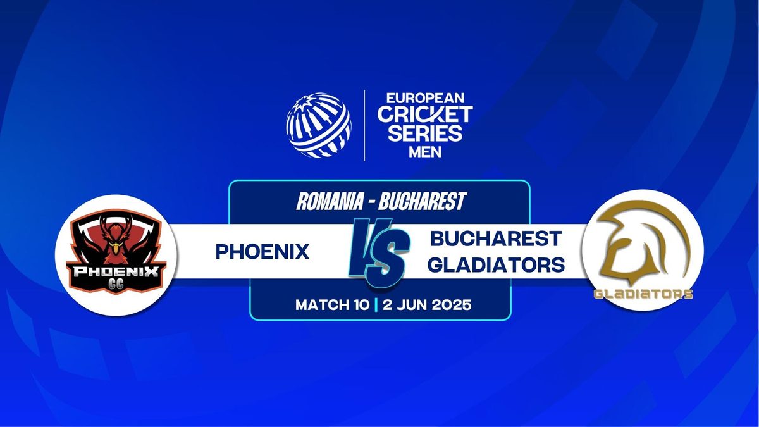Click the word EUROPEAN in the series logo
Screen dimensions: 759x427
425,98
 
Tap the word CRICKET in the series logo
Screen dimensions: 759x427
425,114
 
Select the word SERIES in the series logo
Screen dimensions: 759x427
425,133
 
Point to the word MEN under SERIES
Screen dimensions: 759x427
425,152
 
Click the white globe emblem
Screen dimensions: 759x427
319,125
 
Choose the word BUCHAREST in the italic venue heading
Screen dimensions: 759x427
423,201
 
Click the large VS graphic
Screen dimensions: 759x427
379,252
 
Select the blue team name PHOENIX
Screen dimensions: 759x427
262,252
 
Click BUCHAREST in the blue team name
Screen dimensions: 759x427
496,238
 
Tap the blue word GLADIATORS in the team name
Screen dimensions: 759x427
496,264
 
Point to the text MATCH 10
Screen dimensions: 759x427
332,305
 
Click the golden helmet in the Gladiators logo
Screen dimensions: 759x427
643,242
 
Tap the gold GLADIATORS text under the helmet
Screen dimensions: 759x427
643,294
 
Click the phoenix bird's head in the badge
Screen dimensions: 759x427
116,245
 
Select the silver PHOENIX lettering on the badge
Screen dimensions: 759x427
116,271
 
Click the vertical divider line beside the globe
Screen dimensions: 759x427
364,125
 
